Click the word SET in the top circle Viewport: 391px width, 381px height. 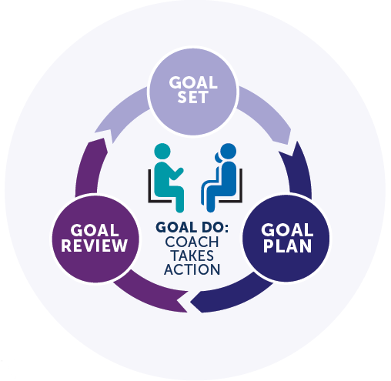(x=192, y=97)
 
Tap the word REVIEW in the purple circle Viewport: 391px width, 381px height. (x=95, y=246)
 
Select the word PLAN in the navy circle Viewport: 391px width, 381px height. (x=287, y=246)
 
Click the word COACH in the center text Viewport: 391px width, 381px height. (x=192, y=242)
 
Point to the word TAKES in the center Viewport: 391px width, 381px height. (x=192, y=256)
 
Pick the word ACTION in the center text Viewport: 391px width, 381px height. (x=192, y=269)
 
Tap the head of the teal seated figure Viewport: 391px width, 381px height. (x=162, y=151)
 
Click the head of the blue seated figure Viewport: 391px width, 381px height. (x=228, y=151)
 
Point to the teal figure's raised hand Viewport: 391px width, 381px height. (x=179, y=172)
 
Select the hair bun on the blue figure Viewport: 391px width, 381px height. (x=218, y=157)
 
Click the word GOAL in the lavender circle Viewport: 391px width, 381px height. (x=193, y=82)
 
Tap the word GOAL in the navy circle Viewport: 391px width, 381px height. (x=287, y=229)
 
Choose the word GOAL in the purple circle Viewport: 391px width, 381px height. (x=95, y=230)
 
